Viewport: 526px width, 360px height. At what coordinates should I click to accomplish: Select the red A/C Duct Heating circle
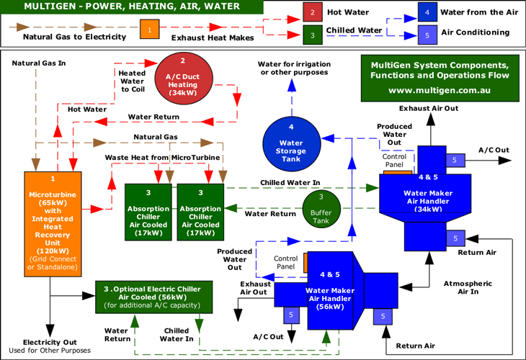point(183,77)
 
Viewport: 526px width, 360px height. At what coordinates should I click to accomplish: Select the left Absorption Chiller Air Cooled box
point(148,212)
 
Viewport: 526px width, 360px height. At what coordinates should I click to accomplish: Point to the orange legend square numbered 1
point(149,31)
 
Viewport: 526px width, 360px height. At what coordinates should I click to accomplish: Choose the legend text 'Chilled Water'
point(355,30)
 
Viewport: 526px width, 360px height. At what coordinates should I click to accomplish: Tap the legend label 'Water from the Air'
point(479,13)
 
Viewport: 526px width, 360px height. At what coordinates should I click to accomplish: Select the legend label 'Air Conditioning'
point(476,32)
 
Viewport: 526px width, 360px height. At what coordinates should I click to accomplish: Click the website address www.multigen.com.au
point(439,91)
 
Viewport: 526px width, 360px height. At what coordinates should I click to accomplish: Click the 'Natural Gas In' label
point(39,63)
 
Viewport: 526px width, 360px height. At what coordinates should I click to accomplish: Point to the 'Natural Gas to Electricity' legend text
point(70,36)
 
